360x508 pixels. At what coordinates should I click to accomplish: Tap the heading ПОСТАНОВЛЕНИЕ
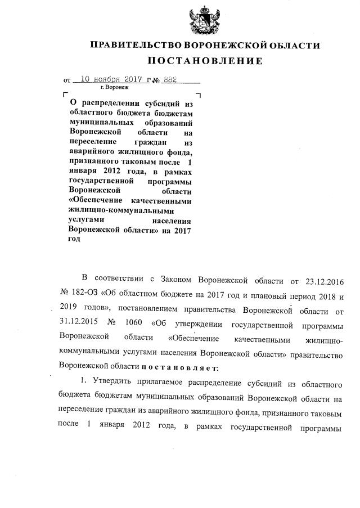(205, 60)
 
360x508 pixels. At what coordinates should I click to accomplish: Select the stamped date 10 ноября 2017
(116, 80)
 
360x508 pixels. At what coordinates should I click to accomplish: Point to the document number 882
(169, 80)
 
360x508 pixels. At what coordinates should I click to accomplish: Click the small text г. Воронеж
(114, 88)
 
